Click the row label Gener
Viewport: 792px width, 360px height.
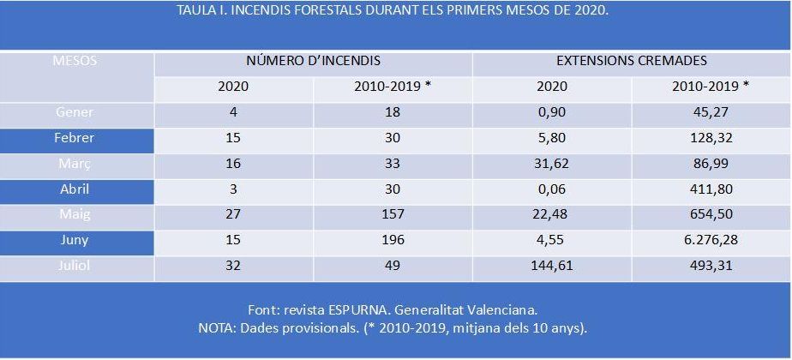(75, 112)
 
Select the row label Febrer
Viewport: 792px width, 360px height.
(75, 138)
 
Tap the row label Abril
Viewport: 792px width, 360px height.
(75, 189)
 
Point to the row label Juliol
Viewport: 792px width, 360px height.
(75, 267)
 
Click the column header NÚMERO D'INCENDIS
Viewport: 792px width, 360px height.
(313, 62)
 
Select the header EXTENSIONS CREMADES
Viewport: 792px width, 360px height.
(632, 62)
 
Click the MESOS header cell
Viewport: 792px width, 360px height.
(75, 62)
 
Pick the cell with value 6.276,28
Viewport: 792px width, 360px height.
(711, 241)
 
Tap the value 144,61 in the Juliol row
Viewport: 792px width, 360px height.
(552, 267)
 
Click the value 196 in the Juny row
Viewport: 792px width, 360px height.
(393, 241)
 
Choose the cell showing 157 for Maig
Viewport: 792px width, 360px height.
(393, 215)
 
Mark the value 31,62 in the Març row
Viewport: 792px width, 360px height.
(552, 164)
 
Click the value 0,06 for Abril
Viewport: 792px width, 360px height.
(552, 189)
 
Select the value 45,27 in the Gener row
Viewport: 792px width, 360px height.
(711, 112)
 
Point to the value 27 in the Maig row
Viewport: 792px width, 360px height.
(233, 215)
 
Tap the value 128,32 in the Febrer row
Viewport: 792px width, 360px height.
(711, 138)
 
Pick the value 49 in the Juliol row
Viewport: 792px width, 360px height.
(393, 267)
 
